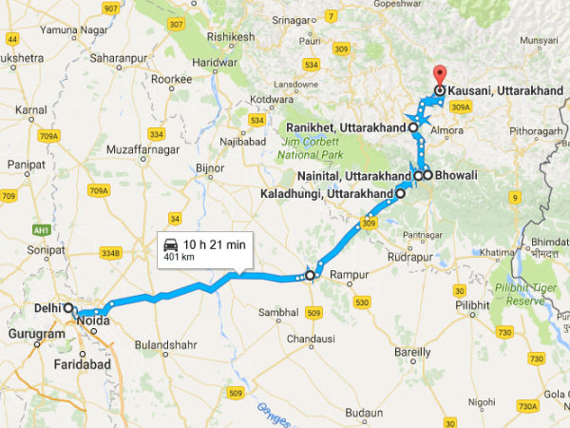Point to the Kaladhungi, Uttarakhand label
tap(326, 194)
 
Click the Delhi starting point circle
tap(69, 309)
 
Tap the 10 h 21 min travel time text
tap(215, 245)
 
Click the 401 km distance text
tap(180, 258)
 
